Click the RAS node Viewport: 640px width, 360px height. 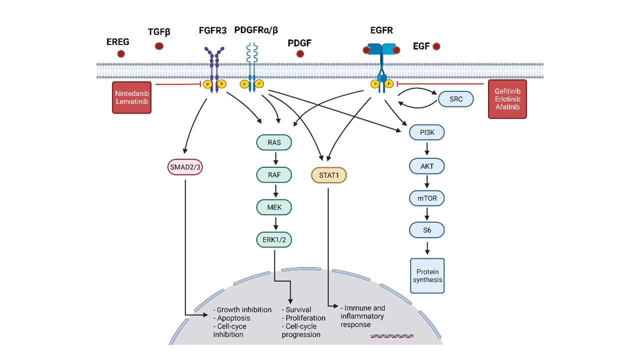274,142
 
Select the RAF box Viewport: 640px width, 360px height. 274,175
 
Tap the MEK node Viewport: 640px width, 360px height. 274,207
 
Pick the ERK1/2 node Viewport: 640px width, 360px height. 274,239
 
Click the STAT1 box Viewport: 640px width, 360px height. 328,175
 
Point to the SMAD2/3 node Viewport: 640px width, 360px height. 184,167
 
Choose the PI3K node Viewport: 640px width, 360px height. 426,133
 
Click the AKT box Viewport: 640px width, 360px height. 426,165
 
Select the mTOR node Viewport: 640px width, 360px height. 426,198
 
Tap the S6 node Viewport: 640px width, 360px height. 426,230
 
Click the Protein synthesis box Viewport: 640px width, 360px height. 427,275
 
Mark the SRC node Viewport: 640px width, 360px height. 456,99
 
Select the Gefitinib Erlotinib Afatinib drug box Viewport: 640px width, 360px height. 507,99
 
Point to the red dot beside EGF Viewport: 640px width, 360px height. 436,46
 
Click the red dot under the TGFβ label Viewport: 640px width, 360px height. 159,46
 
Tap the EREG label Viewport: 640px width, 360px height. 117,42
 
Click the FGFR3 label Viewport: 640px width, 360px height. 212,30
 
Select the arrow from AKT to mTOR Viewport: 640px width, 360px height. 426,182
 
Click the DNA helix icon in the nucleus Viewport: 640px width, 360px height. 391,335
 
